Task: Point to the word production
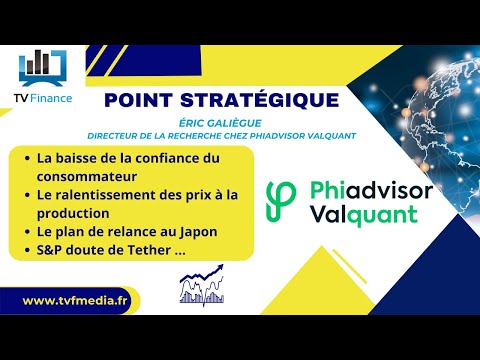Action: (x=75, y=213)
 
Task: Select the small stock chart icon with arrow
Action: (x=202, y=284)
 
